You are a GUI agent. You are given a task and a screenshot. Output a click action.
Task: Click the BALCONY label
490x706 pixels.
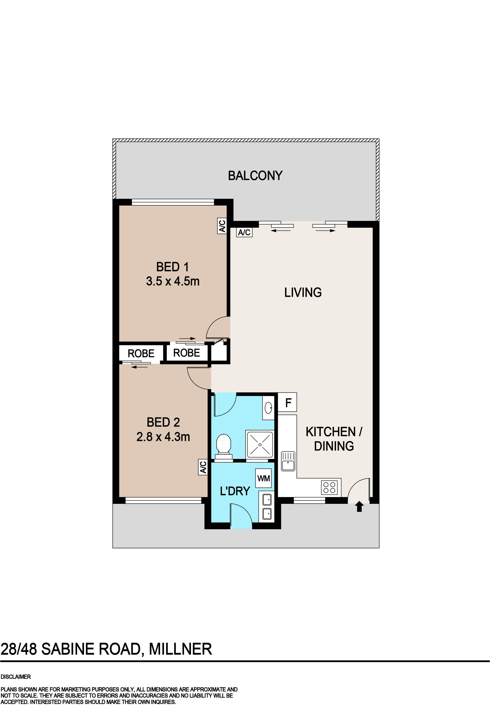click(255, 175)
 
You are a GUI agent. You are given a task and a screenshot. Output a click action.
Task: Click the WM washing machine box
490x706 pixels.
click(264, 478)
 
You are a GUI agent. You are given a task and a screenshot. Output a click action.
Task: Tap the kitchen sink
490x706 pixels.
click(288, 461)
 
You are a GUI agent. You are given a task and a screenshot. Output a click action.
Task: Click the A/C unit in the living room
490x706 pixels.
click(244, 232)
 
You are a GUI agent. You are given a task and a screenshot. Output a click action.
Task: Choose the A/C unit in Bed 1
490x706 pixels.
click(222, 226)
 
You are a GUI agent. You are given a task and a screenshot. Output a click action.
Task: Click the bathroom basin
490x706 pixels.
click(268, 408)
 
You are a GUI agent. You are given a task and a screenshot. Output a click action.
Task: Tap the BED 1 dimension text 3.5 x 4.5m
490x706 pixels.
click(173, 281)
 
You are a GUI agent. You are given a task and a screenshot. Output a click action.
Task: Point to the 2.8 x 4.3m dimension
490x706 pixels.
click(163, 437)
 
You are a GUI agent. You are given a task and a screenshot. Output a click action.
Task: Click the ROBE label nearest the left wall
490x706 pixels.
click(141, 354)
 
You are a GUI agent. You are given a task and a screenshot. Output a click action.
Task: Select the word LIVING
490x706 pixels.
click(303, 293)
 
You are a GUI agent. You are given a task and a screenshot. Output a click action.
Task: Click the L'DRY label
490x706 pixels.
click(235, 491)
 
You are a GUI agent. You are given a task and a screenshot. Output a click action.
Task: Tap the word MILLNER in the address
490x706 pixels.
click(181, 649)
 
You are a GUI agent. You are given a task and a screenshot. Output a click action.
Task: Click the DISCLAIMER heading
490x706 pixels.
click(16, 677)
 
